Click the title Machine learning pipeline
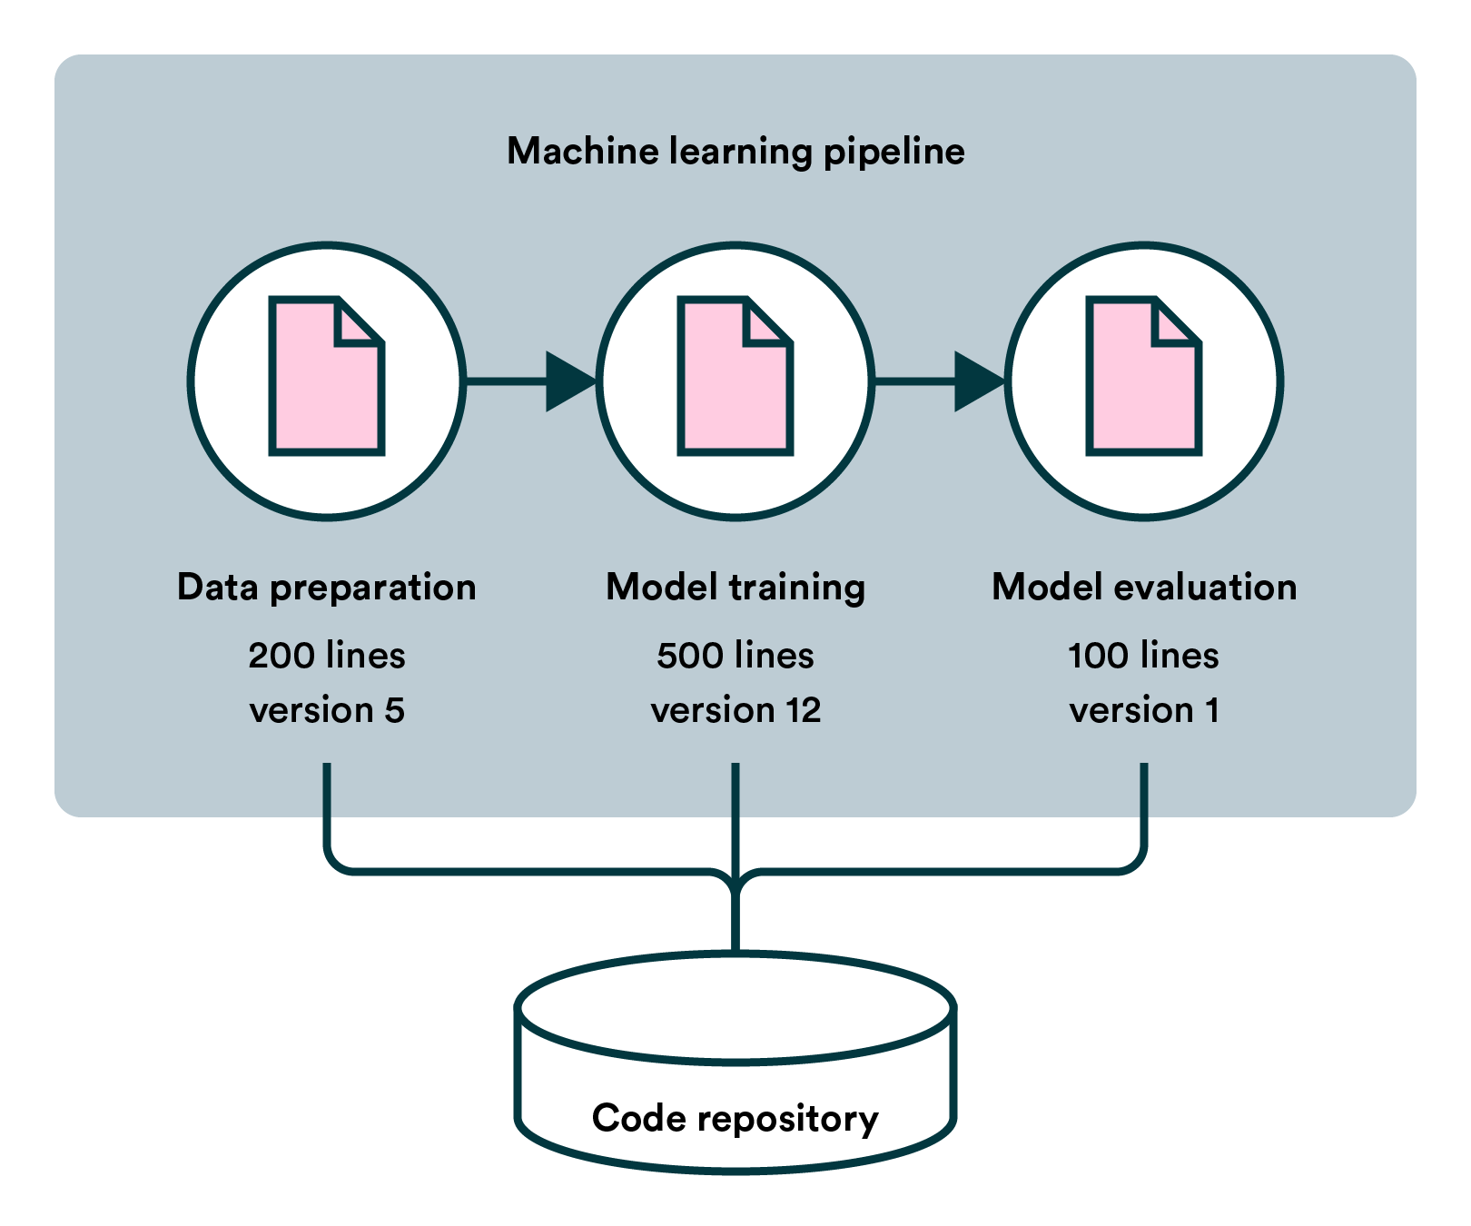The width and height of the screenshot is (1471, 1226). [735, 151]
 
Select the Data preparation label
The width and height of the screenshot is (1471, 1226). [327, 588]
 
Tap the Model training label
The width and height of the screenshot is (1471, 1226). [735, 588]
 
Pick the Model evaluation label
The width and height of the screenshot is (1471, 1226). [1144, 588]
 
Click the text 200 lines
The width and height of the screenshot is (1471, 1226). [327, 656]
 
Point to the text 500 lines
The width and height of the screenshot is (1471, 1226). [735, 656]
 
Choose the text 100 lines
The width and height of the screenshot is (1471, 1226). [1144, 656]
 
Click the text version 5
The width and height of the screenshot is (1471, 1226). [327, 710]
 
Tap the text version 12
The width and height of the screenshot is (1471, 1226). [735, 710]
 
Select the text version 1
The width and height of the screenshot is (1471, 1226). [1144, 710]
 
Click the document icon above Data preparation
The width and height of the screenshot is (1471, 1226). [327, 376]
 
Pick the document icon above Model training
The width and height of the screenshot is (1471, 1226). [735, 376]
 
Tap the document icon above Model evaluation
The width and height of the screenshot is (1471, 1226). [1144, 376]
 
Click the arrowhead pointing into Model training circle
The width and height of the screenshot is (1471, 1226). [569, 381]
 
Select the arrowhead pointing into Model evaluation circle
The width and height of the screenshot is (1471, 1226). [978, 381]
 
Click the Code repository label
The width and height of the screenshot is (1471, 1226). [735, 1118]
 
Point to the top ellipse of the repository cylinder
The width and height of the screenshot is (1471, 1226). [735, 1006]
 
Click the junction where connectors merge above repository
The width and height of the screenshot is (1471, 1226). [735, 879]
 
